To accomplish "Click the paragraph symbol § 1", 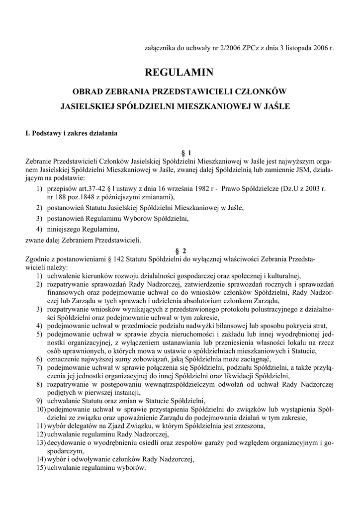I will coord(180,153).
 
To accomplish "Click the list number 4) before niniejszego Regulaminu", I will coord(39,229).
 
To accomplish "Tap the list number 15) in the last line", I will coord(40,468).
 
